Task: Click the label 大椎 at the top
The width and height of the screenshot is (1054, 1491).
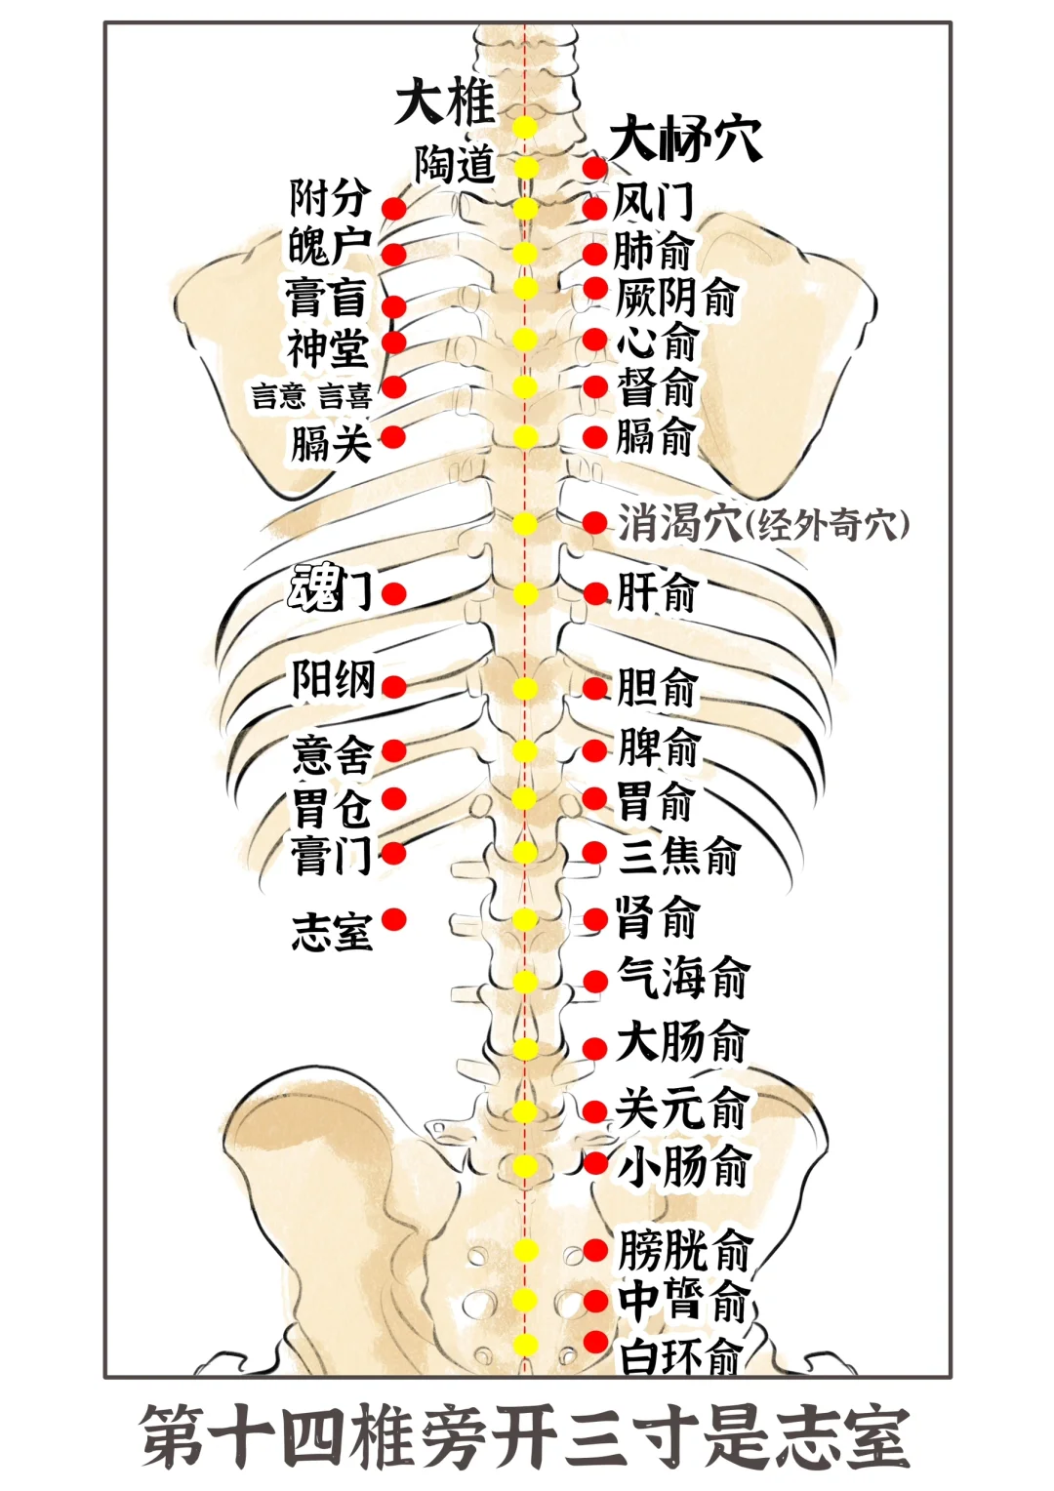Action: click(445, 103)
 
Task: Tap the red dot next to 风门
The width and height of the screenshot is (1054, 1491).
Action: click(594, 209)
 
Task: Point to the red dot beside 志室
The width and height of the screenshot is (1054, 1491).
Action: click(393, 919)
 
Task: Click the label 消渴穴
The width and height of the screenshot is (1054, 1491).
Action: click(679, 523)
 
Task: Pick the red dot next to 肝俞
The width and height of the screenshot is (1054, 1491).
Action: click(594, 592)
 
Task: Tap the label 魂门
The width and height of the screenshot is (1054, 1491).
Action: click(330, 587)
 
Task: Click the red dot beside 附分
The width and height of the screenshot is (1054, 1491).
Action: click(393, 209)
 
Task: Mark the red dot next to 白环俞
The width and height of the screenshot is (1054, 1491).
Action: click(595, 1342)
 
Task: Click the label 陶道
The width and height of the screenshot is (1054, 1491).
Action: click(456, 164)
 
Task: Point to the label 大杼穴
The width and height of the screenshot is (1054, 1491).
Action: click(686, 141)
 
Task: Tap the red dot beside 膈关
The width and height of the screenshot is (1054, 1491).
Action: click(393, 437)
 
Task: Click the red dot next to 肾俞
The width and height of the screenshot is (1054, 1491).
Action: click(595, 919)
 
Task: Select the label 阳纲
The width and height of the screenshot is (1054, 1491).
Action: click(334, 680)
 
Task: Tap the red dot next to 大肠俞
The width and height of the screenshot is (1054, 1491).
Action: click(594, 1049)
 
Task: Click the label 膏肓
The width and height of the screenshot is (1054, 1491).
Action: click(327, 298)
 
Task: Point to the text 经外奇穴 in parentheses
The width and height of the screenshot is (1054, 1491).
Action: click(827, 525)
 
